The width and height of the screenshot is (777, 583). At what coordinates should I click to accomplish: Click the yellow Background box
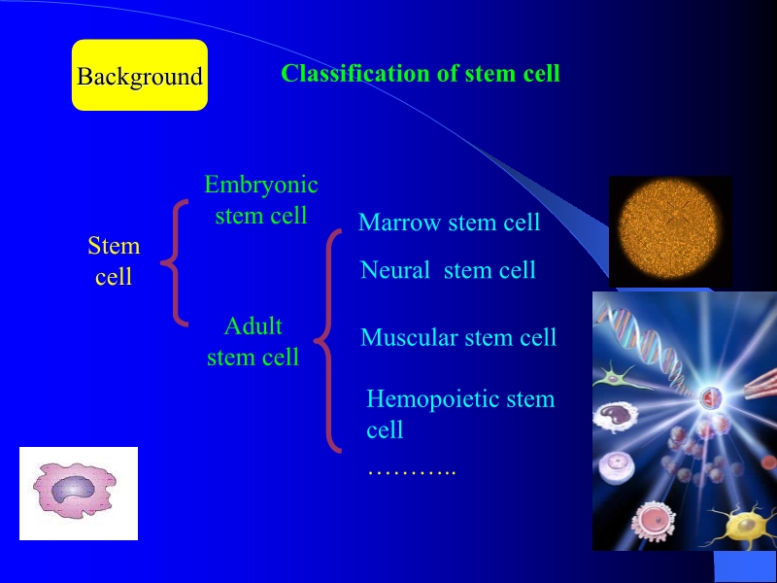pos(140,76)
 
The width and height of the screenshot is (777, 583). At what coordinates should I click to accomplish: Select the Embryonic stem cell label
pos(260,199)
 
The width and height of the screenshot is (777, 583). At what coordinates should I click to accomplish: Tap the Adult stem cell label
pos(253,341)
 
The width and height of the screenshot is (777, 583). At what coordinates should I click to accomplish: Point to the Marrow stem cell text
pos(449,223)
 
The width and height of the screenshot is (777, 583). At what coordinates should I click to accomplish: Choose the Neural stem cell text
pos(448,270)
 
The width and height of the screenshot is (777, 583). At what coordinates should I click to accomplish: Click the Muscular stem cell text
pos(458,337)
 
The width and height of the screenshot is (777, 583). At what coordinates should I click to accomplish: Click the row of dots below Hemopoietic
pos(411,469)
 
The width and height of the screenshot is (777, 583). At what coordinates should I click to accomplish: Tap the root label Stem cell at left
pos(114,260)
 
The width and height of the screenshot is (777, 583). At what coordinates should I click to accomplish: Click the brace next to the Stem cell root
pos(174,261)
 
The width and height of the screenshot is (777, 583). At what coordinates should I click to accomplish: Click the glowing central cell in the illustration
pos(711,396)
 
